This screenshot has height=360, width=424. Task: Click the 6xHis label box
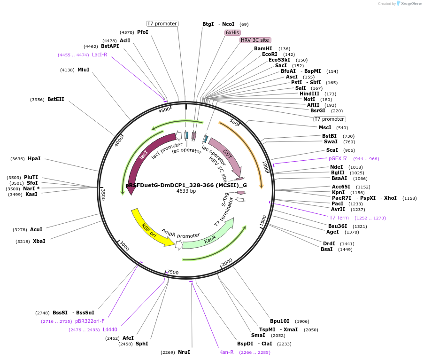pyautogui.click(x=232, y=32)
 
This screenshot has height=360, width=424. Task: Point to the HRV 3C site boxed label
pyautogui.click(x=255, y=40)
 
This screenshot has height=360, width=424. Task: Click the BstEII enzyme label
pyautogui.click(x=56, y=100)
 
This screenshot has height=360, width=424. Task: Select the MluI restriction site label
pyautogui.click(x=84, y=70)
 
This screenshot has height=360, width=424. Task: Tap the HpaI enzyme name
pyautogui.click(x=34, y=159)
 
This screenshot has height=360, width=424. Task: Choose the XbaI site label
pyautogui.click(x=39, y=242)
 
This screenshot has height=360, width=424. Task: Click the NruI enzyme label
pyautogui.click(x=184, y=352)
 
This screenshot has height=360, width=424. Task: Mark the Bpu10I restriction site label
pyautogui.click(x=280, y=321)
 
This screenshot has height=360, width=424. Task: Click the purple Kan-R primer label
pyautogui.click(x=226, y=352)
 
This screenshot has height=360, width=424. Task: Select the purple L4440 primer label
pyautogui.click(x=110, y=330)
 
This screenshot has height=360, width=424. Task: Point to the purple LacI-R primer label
pyautogui.click(x=100, y=55)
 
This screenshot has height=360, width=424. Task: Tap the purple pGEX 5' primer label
pyautogui.click(x=338, y=159)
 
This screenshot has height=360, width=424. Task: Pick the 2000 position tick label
pyautogui.click(x=227, y=262)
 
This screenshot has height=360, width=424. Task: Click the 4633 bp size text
pyautogui.click(x=186, y=191)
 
